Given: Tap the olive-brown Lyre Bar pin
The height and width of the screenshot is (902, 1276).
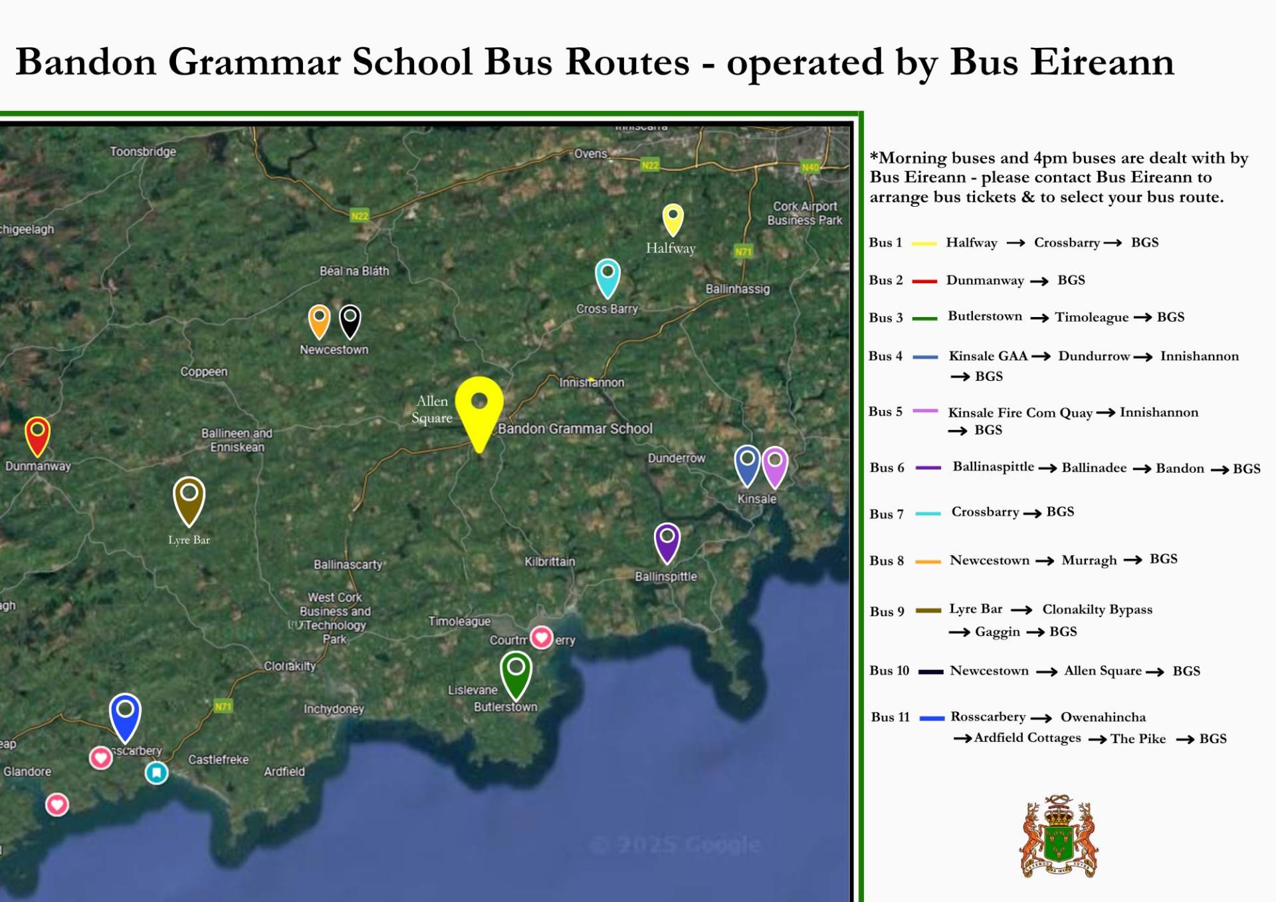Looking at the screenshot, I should [x=189, y=498].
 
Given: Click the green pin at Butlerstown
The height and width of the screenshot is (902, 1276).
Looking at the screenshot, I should [x=516, y=672].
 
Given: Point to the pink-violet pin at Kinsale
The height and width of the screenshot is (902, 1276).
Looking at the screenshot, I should [x=775, y=465].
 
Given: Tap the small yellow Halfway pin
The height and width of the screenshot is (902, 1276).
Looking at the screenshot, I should [x=673, y=218].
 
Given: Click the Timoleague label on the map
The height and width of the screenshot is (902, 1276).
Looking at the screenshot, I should [x=459, y=621].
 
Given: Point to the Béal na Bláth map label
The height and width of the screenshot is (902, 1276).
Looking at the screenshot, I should [x=354, y=271].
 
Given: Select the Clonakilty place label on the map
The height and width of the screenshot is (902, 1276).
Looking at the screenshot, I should [x=290, y=666].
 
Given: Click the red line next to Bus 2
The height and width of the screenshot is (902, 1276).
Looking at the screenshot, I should [x=924, y=281].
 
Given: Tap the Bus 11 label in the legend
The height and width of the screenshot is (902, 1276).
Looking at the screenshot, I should [x=890, y=717].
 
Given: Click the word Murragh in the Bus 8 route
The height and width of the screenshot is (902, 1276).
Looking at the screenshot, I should [x=1089, y=560].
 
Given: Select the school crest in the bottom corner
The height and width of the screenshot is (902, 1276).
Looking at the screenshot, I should [x=1059, y=837].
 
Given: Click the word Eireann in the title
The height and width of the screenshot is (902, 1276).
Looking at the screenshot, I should [x=1061, y=63].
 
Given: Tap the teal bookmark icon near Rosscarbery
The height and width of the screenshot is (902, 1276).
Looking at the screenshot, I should [x=157, y=772].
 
